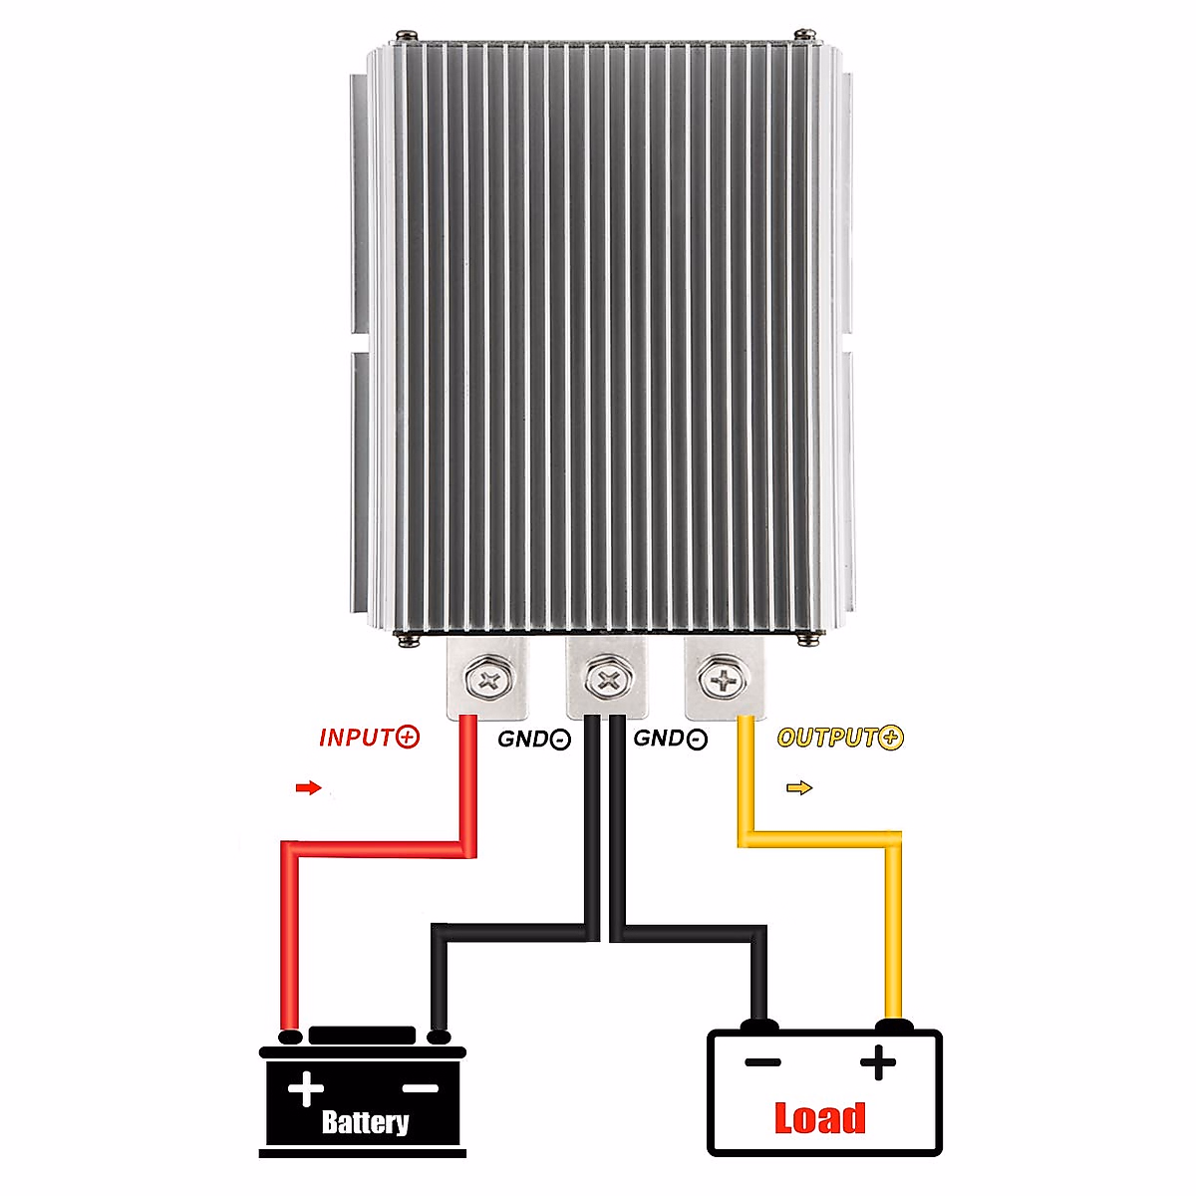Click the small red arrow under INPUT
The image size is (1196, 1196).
[309, 788]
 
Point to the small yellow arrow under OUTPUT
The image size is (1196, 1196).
[799, 788]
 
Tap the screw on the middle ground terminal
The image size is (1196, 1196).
[606, 682]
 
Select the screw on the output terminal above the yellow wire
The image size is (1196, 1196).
[724, 682]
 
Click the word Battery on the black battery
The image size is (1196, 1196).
[365, 1122]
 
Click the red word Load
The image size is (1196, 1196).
[819, 1118]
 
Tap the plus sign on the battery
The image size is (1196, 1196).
[305, 1087]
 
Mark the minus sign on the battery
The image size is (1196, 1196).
[421, 1087]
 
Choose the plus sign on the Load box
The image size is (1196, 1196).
[877, 1062]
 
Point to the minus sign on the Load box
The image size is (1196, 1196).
[762, 1062]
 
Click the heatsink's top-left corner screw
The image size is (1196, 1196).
[404, 37]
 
